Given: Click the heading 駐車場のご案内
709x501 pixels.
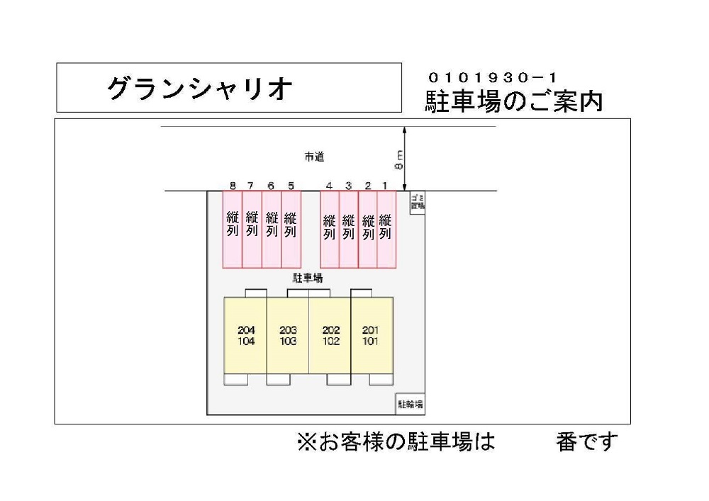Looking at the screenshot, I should click(x=513, y=101).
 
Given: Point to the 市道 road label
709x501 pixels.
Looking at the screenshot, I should click(x=314, y=157).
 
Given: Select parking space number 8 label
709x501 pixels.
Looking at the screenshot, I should click(x=233, y=186).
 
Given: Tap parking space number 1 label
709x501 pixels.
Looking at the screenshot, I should click(x=385, y=186).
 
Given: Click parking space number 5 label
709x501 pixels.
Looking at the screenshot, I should click(x=291, y=186).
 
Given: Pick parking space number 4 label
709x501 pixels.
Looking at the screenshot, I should click(x=329, y=186).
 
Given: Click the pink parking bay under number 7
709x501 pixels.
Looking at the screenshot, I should click(x=252, y=229).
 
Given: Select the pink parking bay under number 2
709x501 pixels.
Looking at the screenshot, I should click(x=367, y=229).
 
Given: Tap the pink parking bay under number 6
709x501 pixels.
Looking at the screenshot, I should click(x=272, y=229).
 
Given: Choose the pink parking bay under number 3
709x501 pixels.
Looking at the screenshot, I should click(x=348, y=229).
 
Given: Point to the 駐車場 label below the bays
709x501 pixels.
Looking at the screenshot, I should click(x=308, y=278).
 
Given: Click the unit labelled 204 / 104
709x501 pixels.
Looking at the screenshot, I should click(x=246, y=335).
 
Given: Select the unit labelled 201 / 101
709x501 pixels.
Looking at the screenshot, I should click(x=371, y=335).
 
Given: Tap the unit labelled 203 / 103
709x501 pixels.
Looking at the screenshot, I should click(x=288, y=335).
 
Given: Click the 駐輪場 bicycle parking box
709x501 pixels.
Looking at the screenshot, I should click(x=410, y=405).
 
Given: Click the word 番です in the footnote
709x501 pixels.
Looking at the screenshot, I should click(x=587, y=442).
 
